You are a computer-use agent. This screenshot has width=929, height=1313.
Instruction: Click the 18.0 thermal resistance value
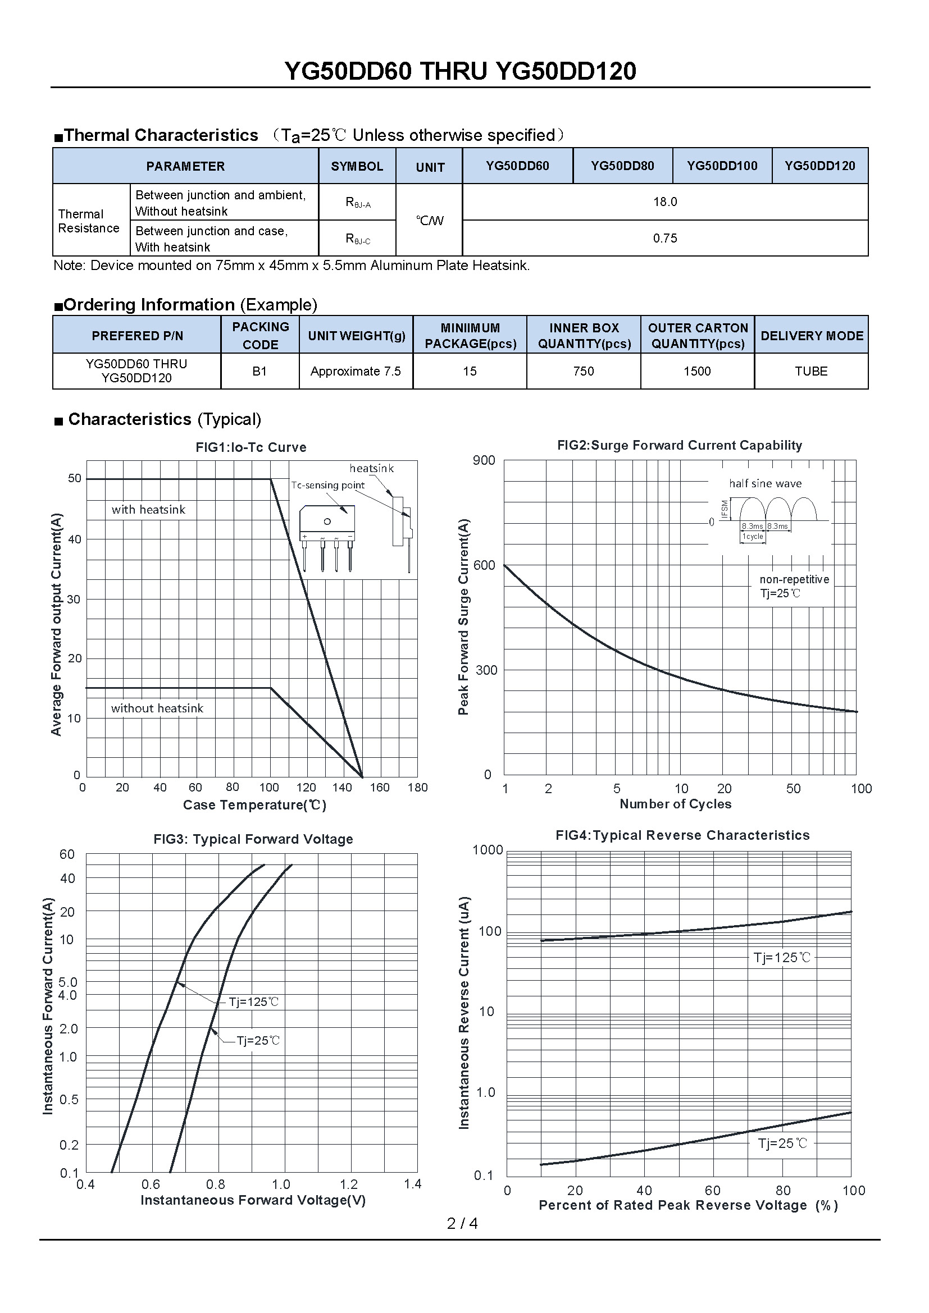point(664,202)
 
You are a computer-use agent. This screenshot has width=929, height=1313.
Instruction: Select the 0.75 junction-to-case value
point(664,239)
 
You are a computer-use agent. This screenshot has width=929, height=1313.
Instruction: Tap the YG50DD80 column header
point(622,166)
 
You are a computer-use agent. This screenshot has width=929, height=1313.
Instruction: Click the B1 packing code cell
point(259,371)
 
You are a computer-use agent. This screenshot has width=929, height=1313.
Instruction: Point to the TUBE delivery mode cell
point(810,371)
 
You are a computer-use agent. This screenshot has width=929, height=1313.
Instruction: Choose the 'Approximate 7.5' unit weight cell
point(355,371)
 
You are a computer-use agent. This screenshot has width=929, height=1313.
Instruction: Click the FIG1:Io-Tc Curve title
point(251,447)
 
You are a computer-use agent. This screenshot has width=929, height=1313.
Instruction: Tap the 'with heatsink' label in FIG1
point(148,510)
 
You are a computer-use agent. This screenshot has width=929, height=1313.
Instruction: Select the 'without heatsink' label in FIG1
point(157,708)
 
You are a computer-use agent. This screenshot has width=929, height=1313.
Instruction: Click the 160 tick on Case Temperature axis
point(379,788)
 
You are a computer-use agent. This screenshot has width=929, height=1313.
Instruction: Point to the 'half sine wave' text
point(765,483)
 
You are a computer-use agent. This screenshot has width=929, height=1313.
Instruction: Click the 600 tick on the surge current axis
point(485,565)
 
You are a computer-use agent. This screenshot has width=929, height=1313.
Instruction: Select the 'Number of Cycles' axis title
point(675,804)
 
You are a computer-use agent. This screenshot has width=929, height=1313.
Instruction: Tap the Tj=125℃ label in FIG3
point(253,1001)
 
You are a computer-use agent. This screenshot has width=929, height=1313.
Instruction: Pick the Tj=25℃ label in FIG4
point(782,1143)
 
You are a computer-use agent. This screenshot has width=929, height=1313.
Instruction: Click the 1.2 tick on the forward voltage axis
point(348,1184)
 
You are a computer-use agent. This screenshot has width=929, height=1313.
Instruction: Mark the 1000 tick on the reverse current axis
point(488,850)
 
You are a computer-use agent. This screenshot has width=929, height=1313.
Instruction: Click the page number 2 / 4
point(462,1223)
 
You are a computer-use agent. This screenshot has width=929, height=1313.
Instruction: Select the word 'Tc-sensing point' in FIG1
point(327,485)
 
